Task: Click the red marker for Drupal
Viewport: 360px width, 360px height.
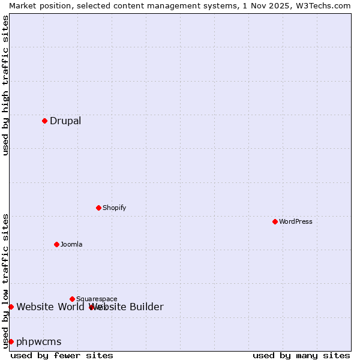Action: click(x=44, y=121)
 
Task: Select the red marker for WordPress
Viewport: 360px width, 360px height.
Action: click(x=275, y=221)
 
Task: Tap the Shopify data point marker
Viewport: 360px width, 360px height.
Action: click(x=98, y=208)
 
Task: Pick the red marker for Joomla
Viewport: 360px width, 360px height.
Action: click(x=56, y=244)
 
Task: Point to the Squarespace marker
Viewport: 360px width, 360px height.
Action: click(x=72, y=299)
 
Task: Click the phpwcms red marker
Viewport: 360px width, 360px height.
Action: click(x=11, y=341)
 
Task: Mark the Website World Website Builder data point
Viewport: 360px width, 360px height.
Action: click(x=11, y=307)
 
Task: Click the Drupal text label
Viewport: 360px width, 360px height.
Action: click(x=65, y=121)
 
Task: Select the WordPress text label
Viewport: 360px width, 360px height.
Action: click(x=296, y=221)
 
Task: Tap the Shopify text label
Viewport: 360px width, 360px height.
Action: click(x=114, y=208)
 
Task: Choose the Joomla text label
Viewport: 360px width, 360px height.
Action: click(x=71, y=244)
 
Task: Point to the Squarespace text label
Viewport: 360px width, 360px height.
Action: click(x=97, y=299)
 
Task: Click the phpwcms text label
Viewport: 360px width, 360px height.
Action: click(x=39, y=341)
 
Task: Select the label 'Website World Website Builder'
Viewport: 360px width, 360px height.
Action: click(x=90, y=307)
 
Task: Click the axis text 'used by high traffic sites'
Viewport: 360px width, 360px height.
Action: click(x=5, y=85)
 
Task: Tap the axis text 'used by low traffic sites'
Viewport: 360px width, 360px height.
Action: click(x=5, y=280)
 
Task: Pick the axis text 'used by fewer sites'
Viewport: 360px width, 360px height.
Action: click(x=62, y=355)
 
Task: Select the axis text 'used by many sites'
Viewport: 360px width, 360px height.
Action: click(x=301, y=355)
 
